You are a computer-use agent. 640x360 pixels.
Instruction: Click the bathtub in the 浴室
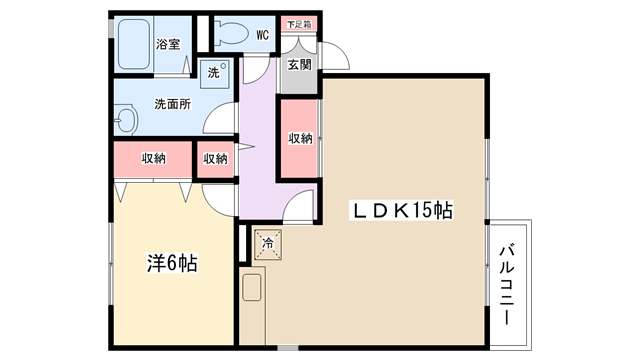[134, 44]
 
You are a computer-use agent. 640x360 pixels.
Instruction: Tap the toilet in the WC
[231, 34]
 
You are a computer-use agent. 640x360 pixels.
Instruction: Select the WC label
[262, 35]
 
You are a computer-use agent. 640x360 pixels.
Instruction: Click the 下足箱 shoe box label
[299, 24]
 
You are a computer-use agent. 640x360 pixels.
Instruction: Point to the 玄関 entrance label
[300, 64]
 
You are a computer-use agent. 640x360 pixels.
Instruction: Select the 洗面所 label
[172, 104]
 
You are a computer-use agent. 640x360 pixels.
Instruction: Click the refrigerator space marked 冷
[268, 244]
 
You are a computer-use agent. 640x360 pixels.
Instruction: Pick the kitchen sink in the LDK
[252, 287]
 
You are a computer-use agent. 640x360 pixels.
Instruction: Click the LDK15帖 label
[402, 211]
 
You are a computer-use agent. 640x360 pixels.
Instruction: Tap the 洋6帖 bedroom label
[172, 263]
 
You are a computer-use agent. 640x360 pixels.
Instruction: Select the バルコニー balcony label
[507, 284]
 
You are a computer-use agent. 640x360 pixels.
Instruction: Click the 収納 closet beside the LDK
[299, 138]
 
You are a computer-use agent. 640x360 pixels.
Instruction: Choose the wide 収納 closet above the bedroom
[153, 159]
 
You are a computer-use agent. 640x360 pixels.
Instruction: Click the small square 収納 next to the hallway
[215, 159]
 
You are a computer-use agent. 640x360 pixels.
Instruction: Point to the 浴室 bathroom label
[168, 44]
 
